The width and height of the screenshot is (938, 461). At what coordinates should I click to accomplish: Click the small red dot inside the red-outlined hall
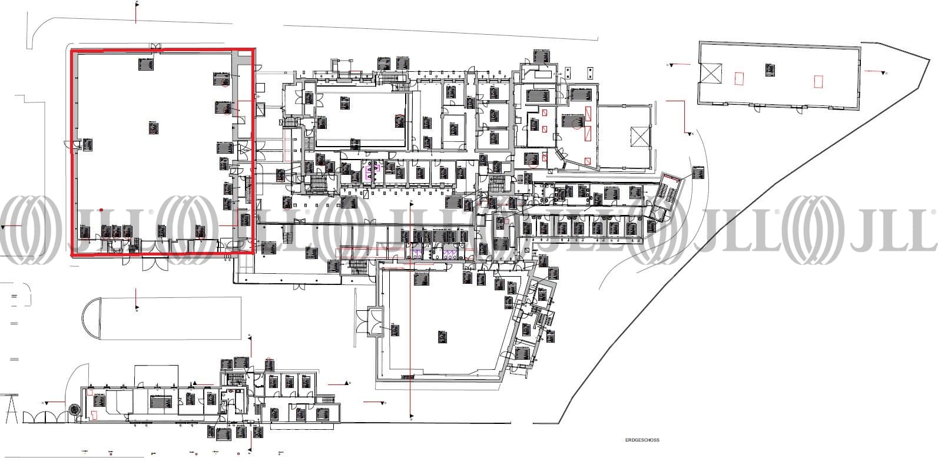(102, 210)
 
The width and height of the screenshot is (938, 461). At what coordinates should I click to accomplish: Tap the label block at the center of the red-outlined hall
(154, 127)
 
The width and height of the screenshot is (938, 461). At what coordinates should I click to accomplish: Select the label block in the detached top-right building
(770, 69)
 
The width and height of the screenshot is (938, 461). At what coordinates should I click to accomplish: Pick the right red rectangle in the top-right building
(817, 81)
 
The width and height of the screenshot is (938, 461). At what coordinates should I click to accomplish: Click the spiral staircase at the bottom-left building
(73, 408)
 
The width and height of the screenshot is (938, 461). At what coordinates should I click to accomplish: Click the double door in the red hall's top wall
(155, 47)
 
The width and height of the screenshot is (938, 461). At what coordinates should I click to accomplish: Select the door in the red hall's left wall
(74, 147)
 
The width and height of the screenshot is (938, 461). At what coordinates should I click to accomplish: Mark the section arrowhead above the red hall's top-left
(137, 3)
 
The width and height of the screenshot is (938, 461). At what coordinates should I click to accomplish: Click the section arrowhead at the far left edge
(5, 227)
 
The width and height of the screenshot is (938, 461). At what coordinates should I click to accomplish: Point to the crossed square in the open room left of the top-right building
(639, 137)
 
